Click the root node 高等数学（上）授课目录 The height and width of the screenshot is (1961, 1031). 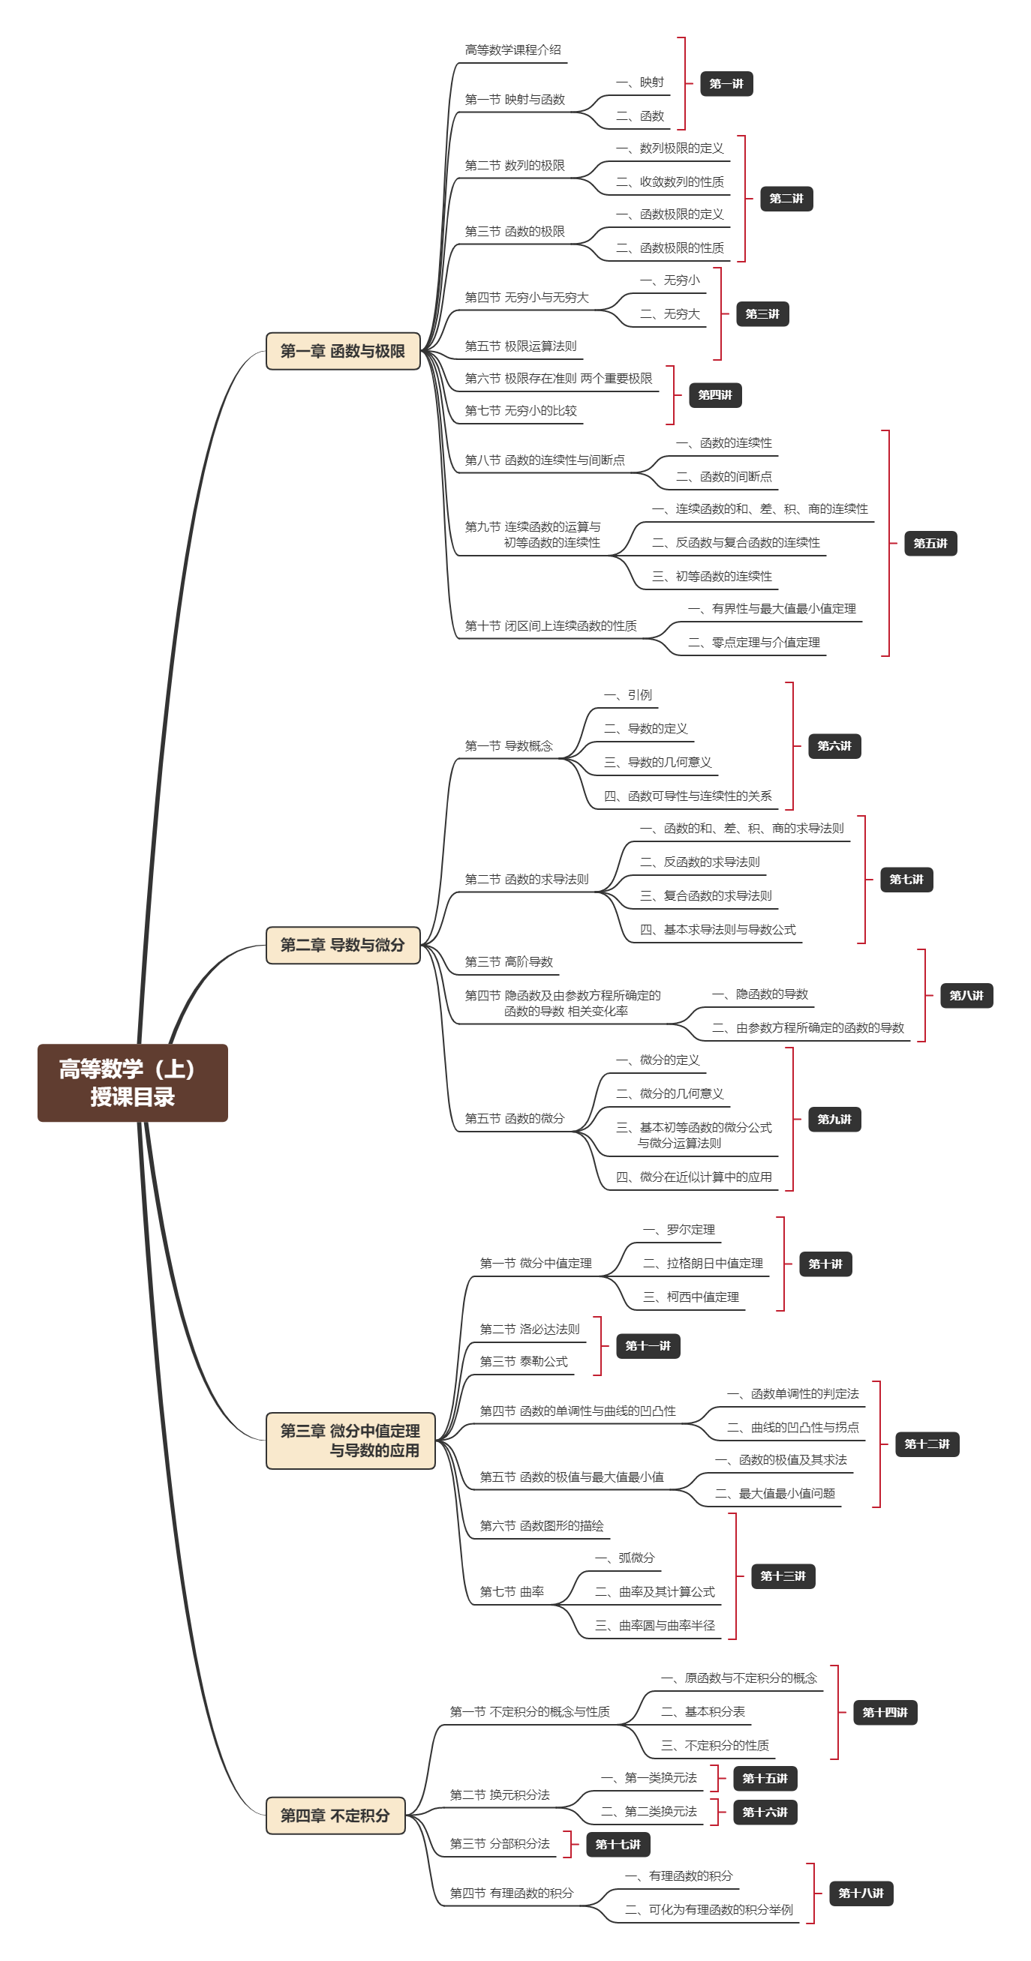[x=133, y=1083]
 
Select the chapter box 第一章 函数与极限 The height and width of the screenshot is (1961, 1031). [x=343, y=351]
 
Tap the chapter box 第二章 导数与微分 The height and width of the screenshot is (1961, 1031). [x=343, y=945]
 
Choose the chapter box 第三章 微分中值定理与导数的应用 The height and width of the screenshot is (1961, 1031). [x=350, y=1441]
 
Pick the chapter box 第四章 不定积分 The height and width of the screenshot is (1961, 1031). [x=335, y=1816]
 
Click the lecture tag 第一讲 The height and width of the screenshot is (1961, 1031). [x=726, y=84]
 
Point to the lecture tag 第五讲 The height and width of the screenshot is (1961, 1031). [x=930, y=544]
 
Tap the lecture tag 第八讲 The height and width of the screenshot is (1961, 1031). [x=966, y=996]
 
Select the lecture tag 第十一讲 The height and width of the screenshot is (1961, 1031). [x=648, y=1346]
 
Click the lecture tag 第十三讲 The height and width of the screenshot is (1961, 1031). [x=782, y=1576]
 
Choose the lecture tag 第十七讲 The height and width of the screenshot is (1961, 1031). [x=618, y=1845]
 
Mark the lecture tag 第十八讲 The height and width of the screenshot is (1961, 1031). [x=861, y=1894]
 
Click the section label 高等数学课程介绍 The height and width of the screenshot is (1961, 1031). [x=512, y=50]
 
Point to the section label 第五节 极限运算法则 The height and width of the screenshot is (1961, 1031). [x=521, y=346]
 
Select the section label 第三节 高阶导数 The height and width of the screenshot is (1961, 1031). [x=509, y=962]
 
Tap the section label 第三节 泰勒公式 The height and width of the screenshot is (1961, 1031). [x=523, y=1362]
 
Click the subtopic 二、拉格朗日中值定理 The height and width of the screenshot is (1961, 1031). [x=703, y=1264]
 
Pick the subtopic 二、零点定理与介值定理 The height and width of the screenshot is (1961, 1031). [x=754, y=643]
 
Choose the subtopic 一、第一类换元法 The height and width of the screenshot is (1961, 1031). [x=649, y=1778]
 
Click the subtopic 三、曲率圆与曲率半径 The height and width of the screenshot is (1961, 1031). [x=655, y=1625]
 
